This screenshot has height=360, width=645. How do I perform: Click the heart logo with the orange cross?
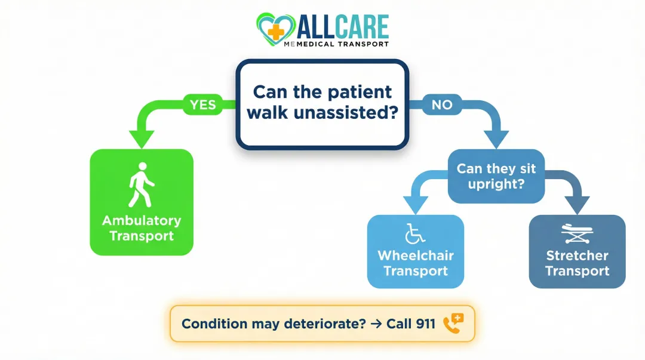(275, 29)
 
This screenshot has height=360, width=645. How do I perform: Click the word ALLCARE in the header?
(342, 26)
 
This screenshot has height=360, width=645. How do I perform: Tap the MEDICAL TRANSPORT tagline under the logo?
(345, 44)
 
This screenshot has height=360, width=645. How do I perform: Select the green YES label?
(202, 105)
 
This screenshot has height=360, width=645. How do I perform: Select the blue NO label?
(442, 105)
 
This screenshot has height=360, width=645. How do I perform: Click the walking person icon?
(142, 184)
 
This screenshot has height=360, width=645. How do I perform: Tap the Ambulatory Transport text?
(142, 228)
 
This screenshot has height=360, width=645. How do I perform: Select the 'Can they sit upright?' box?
(496, 176)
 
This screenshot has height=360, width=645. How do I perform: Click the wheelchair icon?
(414, 234)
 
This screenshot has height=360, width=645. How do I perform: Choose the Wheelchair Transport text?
(415, 263)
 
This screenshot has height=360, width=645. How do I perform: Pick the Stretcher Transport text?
(577, 263)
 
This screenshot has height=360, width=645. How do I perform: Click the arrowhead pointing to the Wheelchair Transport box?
(416, 205)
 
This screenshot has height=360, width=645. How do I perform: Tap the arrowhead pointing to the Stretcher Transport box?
(578, 205)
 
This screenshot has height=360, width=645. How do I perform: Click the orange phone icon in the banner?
(453, 324)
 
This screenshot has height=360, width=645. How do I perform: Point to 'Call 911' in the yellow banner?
(411, 324)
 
